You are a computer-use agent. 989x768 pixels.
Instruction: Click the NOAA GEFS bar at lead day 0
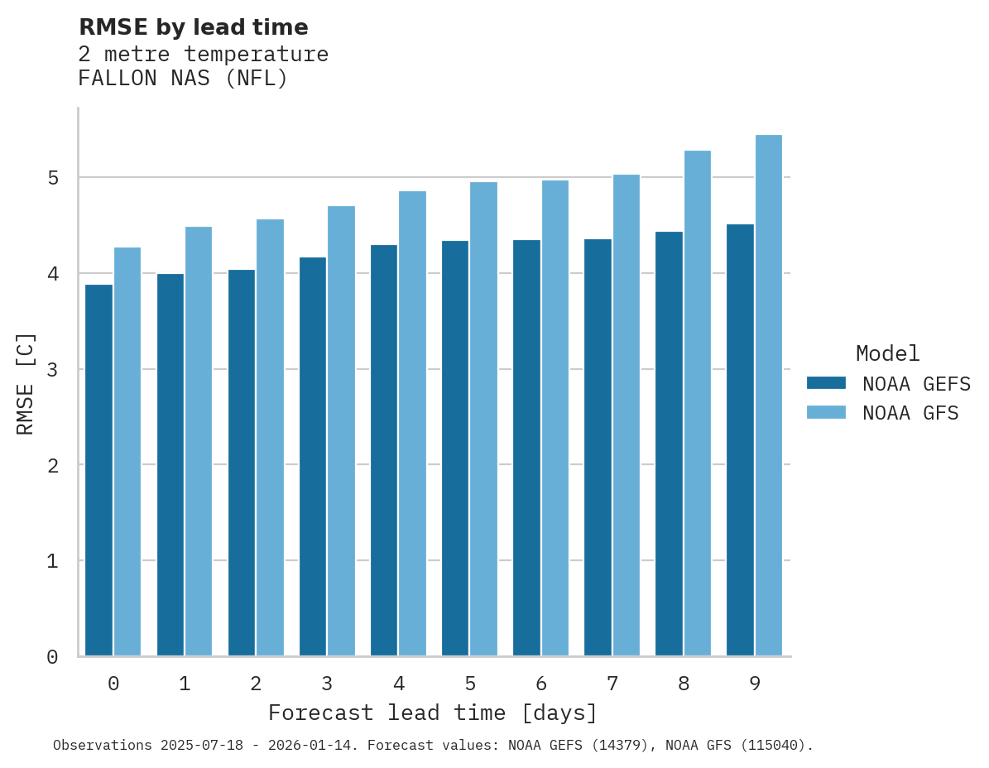click(98, 470)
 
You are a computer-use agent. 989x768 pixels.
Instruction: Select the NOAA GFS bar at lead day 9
click(769, 396)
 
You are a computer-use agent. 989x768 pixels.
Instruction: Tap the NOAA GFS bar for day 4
click(412, 424)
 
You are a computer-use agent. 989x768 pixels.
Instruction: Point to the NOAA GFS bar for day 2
click(270, 438)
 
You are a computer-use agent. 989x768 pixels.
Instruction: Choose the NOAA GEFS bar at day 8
click(669, 444)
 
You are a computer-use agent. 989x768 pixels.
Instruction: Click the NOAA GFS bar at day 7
click(626, 415)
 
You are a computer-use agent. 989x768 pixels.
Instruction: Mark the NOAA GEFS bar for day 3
click(312, 457)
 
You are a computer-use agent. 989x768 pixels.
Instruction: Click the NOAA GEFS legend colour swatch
click(826, 383)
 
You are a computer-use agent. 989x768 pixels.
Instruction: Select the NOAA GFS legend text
click(910, 413)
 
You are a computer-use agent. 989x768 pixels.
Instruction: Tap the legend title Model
click(887, 354)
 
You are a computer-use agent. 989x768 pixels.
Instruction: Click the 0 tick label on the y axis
click(51, 657)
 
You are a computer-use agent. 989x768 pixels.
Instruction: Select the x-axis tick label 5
click(470, 684)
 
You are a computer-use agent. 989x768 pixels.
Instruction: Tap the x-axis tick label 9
click(755, 684)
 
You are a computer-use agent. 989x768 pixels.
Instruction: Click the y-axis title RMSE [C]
click(26, 383)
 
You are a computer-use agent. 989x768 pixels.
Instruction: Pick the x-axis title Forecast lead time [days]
click(432, 713)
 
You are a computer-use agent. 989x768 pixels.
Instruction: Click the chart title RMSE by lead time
click(193, 27)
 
